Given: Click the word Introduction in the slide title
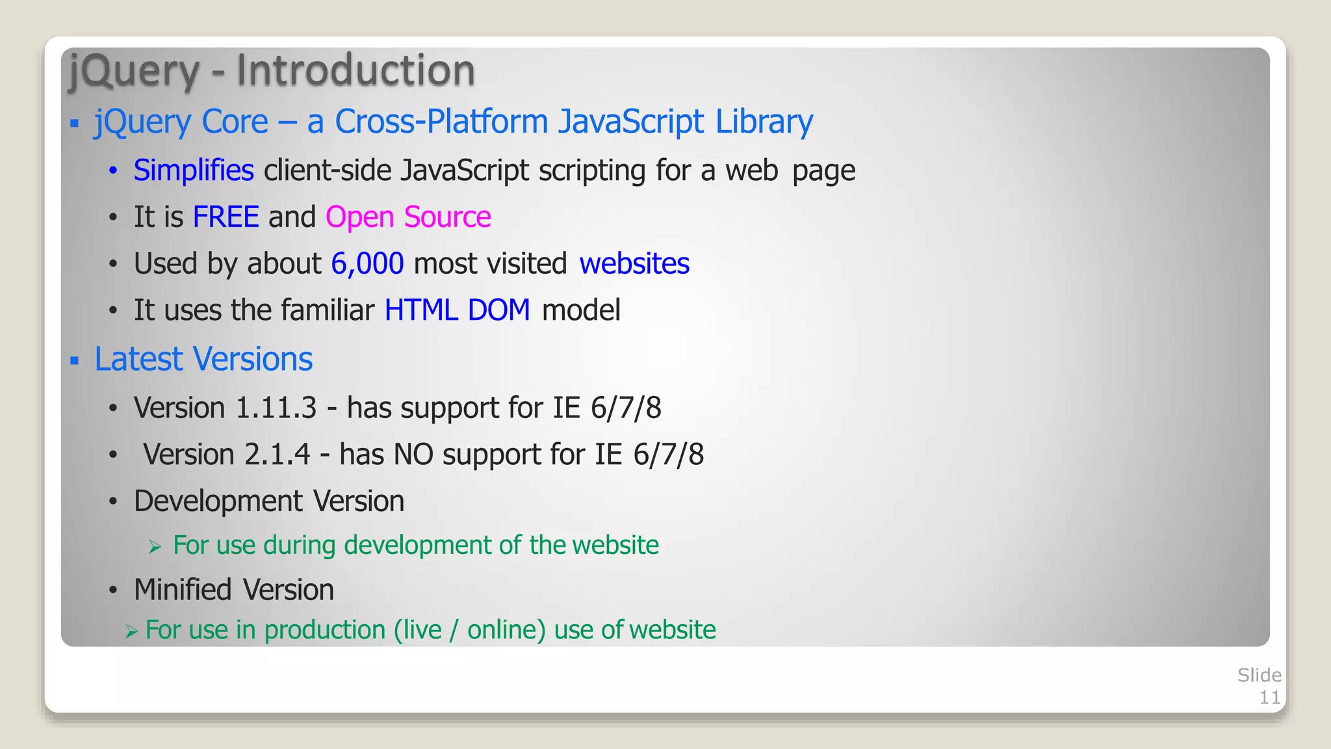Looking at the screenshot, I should [355, 70].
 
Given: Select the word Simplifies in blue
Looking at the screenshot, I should [193, 170].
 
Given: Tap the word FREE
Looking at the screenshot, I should [226, 217].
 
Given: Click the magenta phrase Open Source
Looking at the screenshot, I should [408, 217].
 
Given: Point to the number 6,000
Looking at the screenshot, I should [367, 264].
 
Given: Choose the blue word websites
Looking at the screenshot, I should [634, 264].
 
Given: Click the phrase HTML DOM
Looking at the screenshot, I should [457, 310].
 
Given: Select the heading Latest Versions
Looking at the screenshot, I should [203, 359].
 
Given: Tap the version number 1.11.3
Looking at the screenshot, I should [276, 408].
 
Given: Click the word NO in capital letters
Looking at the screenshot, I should [413, 454].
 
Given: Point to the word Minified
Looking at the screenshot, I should [183, 590].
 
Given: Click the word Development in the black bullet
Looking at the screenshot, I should [218, 501].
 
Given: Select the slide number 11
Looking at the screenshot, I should [1269, 698].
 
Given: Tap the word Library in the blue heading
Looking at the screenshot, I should [764, 122].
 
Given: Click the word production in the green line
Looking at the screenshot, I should [325, 630].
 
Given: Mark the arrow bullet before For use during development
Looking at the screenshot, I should [155, 547].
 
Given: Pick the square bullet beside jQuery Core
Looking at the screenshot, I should [75, 123].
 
